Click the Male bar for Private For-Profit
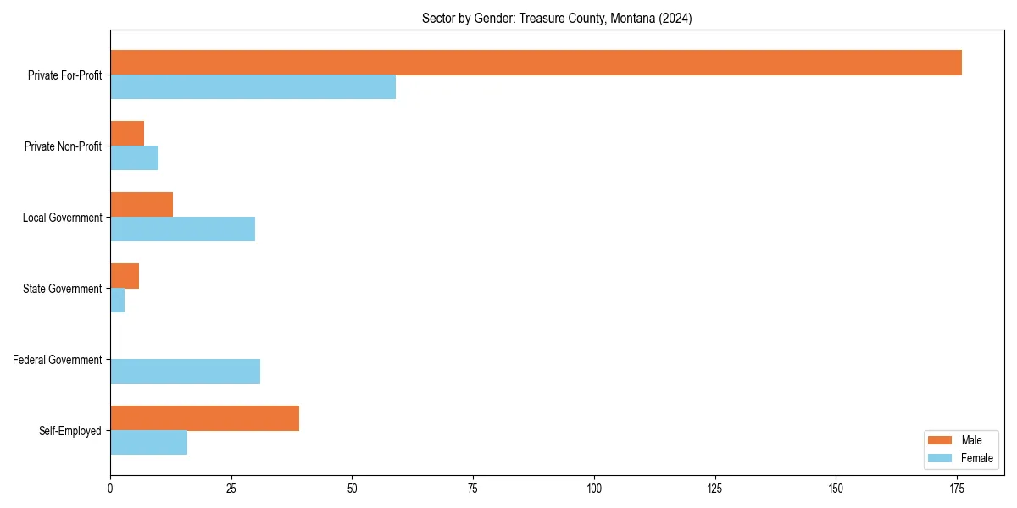point(536,63)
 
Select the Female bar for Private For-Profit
point(253,87)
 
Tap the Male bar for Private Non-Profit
point(127,134)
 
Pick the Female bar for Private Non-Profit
point(134,158)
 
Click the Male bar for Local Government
point(142,205)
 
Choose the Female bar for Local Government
point(182,229)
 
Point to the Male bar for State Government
point(125,276)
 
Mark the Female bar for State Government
point(118,301)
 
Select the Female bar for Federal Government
point(185,372)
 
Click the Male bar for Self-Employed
point(204,418)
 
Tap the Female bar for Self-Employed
point(148,443)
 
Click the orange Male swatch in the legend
point(940,440)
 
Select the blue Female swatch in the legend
point(940,458)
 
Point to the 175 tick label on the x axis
point(957,488)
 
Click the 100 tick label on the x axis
point(594,488)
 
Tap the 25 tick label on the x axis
point(231,488)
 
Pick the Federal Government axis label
point(58,360)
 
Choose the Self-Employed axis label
point(70,431)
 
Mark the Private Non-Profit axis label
point(64,146)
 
